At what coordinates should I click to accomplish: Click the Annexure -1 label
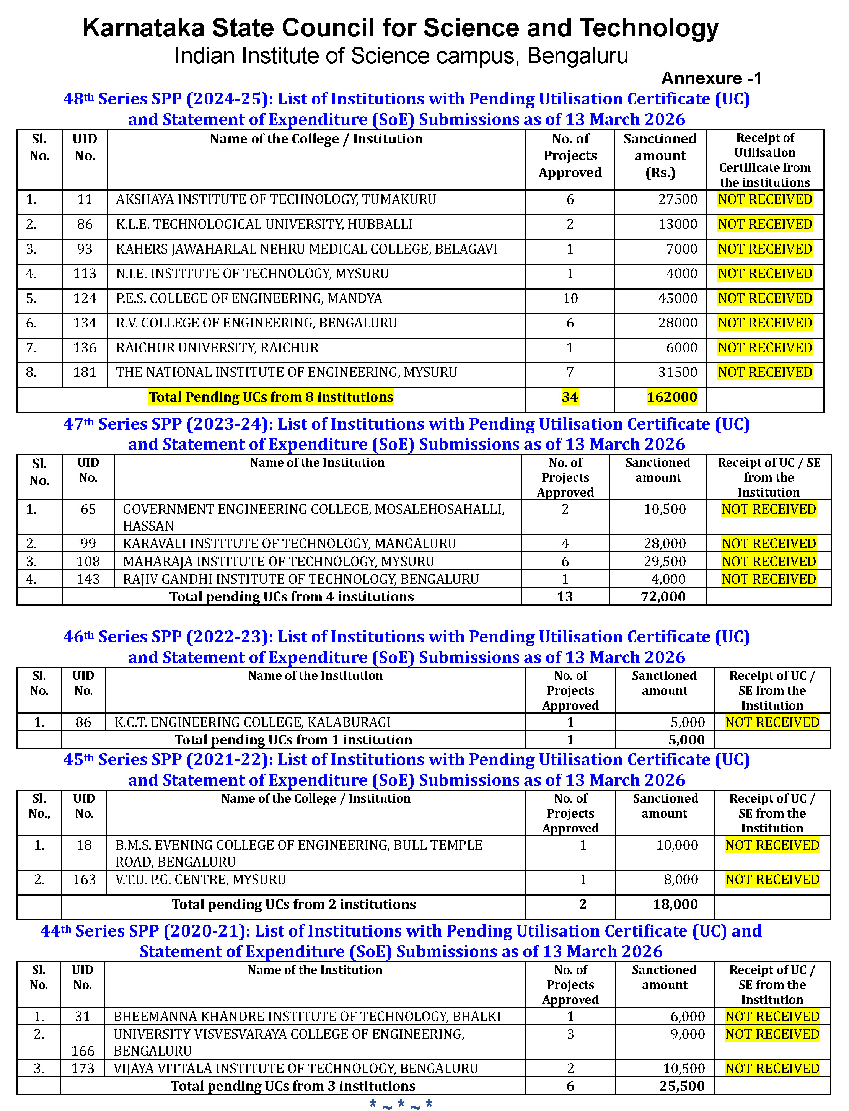pyautogui.click(x=710, y=78)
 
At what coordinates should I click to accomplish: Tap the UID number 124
pyautogui.click(x=85, y=298)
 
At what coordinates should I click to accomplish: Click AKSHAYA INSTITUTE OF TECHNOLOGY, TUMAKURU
pyautogui.click(x=276, y=200)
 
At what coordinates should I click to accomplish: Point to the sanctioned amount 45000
pyautogui.click(x=677, y=298)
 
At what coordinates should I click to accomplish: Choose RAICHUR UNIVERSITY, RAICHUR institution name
pyautogui.click(x=217, y=348)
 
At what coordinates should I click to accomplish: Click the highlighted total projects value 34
pyautogui.click(x=570, y=397)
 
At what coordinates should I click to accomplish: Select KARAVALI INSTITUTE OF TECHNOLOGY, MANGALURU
pyautogui.click(x=289, y=544)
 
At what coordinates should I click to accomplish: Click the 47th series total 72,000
pyautogui.click(x=663, y=597)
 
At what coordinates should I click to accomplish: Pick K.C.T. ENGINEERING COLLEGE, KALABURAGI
pyautogui.click(x=253, y=722)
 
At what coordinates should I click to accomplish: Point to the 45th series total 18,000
pyautogui.click(x=675, y=904)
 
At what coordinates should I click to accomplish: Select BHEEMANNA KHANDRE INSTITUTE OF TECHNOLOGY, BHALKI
pyautogui.click(x=307, y=1017)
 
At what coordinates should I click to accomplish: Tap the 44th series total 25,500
pyautogui.click(x=682, y=1086)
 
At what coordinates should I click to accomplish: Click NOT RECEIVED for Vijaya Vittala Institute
pyautogui.click(x=772, y=1069)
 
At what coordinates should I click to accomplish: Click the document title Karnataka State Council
pyautogui.click(x=400, y=28)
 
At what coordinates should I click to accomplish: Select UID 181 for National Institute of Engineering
pyautogui.click(x=85, y=372)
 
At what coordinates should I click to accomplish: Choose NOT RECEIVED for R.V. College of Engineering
pyautogui.click(x=764, y=323)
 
